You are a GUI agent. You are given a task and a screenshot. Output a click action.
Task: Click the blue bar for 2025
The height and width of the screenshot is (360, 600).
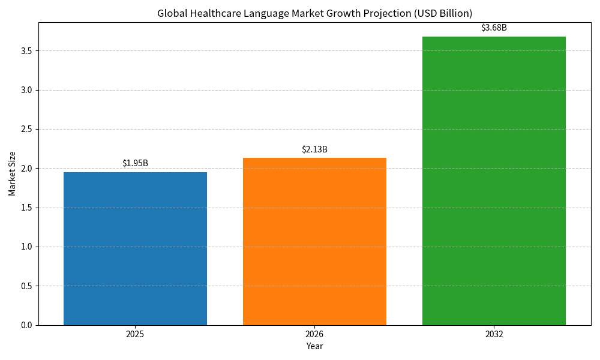click(x=135, y=248)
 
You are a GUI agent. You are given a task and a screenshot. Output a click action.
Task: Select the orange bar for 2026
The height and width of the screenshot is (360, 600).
click(x=314, y=241)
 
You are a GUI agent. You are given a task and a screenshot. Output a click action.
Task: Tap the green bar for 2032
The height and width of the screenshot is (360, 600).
click(x=494, y=181)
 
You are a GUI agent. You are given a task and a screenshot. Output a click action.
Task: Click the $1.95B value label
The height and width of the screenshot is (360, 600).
click(x=135, y=163)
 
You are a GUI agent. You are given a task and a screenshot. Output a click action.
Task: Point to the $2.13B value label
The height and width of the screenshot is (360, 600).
click(x=314, y=149)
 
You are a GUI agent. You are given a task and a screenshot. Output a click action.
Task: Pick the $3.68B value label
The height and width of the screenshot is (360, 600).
click(x=494, y=28)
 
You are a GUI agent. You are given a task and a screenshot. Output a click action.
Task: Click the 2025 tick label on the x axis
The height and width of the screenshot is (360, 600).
click(x=135, y=334)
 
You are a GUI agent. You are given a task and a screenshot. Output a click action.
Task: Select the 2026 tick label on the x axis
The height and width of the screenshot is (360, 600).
click(x=314, y=334)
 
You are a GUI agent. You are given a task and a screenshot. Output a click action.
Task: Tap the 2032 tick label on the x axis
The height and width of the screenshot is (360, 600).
click(x=494, y=334)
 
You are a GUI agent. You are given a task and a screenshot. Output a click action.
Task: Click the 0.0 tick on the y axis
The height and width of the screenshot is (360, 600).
click(x=26, y=325)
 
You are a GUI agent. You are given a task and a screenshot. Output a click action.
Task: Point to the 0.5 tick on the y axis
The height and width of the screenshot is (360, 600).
click(x=26, y=286)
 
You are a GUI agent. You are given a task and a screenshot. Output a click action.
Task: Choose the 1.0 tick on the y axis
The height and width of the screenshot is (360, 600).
click(x=26, y=247)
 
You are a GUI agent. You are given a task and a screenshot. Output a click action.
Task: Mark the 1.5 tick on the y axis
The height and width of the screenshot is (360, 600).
click(x=26, y=208)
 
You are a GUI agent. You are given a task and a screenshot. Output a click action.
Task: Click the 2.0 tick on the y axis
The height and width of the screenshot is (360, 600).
click(x=26, y=169)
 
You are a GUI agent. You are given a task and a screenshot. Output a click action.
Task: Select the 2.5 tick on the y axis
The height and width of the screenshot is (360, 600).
click(x=26, y=129)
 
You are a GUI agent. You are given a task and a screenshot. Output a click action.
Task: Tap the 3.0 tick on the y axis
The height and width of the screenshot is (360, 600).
click(x=26, y=90)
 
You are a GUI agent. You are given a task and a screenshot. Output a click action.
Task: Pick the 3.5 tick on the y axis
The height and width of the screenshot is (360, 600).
click(x=26, y=51)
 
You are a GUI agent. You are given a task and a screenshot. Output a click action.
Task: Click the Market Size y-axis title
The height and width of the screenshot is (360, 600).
click(x=13, y=173)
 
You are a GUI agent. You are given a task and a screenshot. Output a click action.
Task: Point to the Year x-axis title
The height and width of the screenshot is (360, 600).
click(x=314, y=346)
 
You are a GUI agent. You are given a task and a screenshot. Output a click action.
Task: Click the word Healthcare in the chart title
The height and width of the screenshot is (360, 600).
click(x=214, y=13)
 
